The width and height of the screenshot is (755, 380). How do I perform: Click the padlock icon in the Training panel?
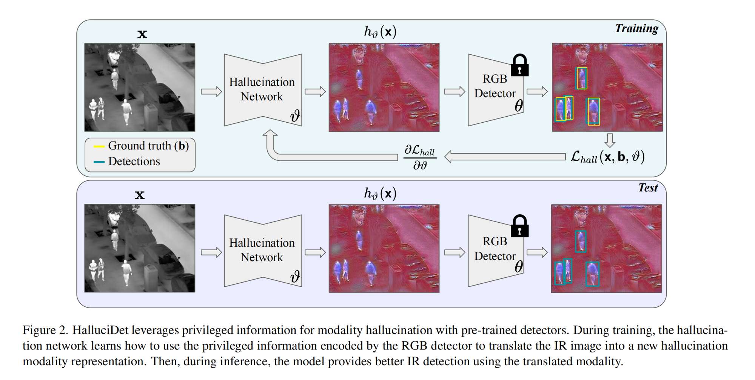(x=519, y=66)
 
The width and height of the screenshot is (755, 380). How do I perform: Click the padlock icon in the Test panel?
(x=519, y=227)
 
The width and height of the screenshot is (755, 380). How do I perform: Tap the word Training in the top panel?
(x=636, y=29)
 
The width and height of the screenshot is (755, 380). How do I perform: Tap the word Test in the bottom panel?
(x=648, y=188)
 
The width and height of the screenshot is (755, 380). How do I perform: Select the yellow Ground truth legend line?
(x=99, y=146)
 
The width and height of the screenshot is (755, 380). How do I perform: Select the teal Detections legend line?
(x=99, y=162)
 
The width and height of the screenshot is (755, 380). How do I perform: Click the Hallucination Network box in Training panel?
(x=262, y=89)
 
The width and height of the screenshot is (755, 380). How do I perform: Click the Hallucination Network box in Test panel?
(x=262, y=250)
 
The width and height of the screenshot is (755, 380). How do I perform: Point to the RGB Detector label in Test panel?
(x=495, y=249)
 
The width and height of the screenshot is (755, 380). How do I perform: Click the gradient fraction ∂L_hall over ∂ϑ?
(x=420, y=157)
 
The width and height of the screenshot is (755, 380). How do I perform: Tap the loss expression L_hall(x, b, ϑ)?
(x=607, y=157)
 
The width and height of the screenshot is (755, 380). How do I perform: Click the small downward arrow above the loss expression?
(x=610, y=140)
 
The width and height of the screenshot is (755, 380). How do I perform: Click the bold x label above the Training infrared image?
(x=142, y=34)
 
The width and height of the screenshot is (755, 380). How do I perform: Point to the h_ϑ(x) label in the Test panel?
(x=380, y=194)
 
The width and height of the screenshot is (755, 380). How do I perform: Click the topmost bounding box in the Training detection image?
(x=582, y=78)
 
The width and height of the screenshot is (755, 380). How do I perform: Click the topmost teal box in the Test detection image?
(x=581, y=242)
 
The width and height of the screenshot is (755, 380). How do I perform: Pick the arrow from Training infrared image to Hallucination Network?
(x=211, y=92)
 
